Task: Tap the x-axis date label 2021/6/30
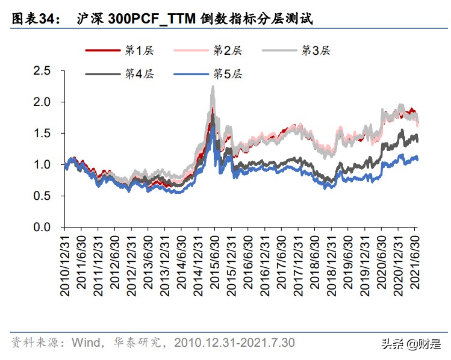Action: point(414,265)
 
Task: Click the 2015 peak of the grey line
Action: point(213,87)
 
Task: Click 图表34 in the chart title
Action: point(36,19)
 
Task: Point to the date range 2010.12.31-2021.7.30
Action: point(234,343)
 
